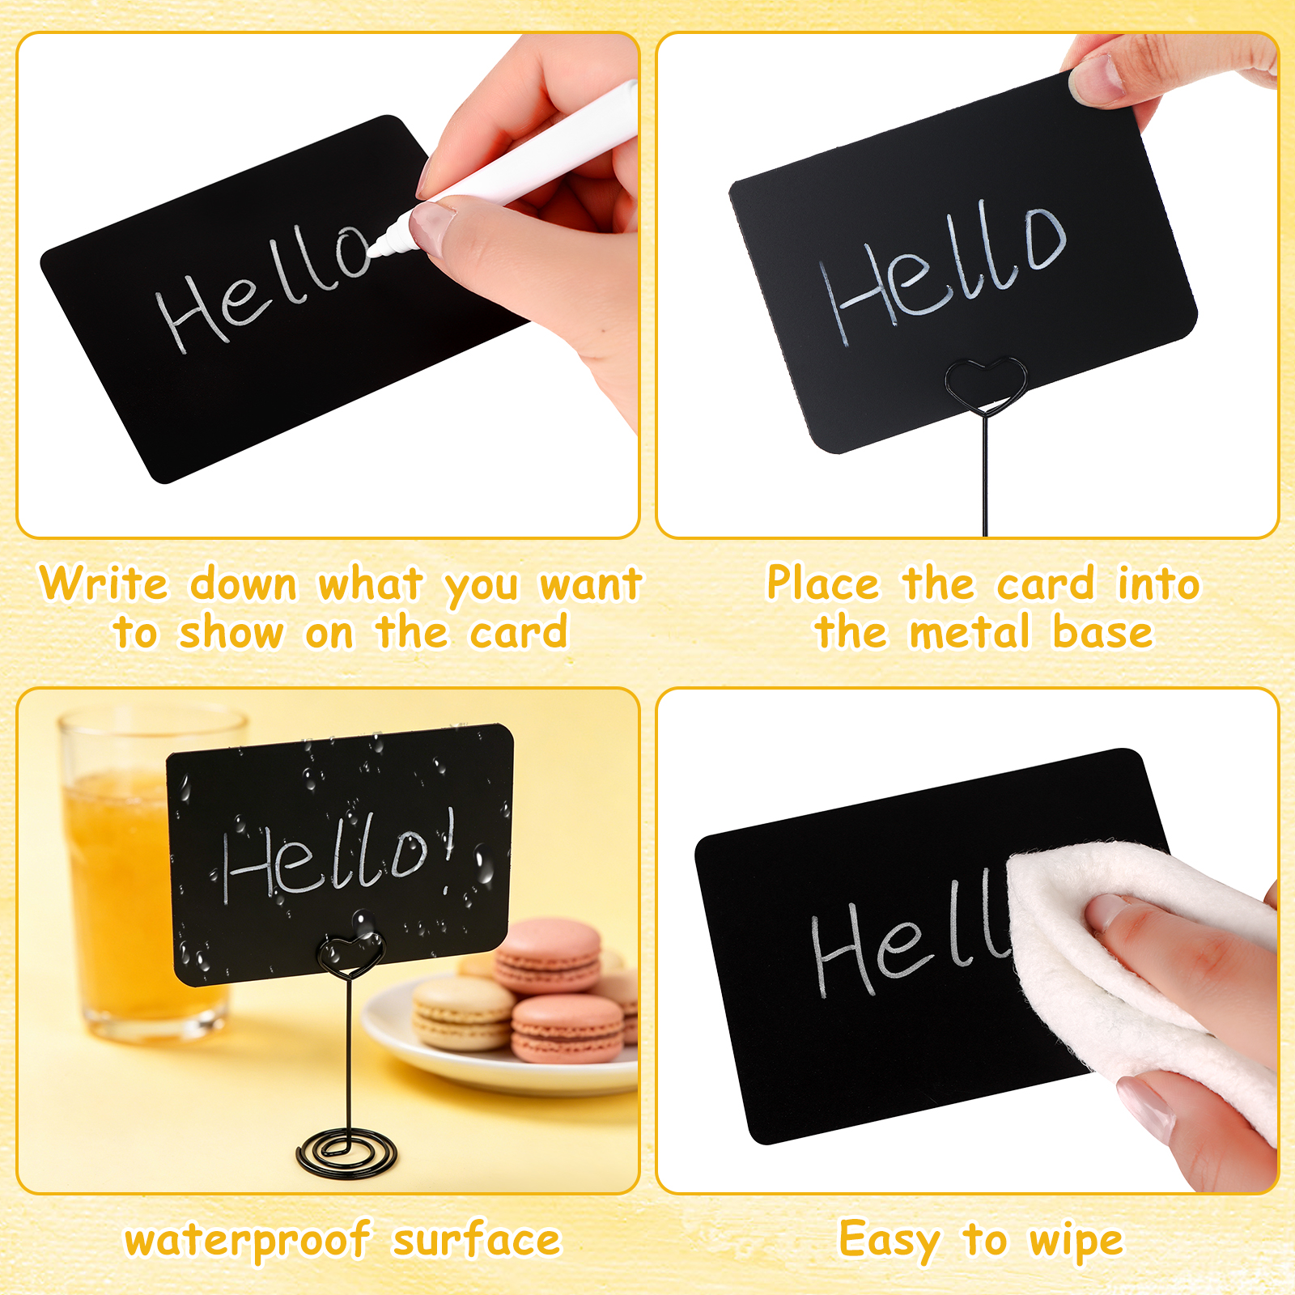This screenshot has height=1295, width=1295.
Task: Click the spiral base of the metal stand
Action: [347, 1153]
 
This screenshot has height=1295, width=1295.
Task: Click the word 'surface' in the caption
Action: [477, 1239]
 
